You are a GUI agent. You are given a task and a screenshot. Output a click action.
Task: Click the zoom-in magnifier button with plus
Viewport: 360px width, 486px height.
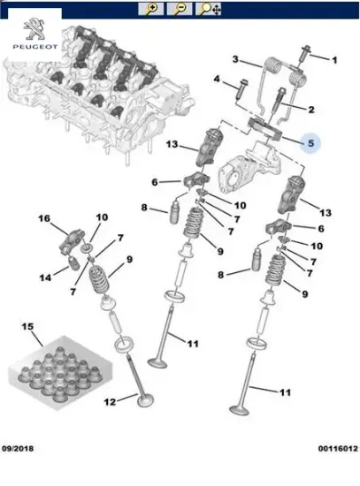[x=151, y=9]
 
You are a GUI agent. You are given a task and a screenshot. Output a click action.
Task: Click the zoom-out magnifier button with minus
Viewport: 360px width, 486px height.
[x=180, y=9]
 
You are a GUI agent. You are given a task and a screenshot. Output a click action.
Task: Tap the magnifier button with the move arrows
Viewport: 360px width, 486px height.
[x=208, y=9]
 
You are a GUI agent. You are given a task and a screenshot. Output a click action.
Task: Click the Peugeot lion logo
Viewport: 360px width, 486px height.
[x=34, y=29]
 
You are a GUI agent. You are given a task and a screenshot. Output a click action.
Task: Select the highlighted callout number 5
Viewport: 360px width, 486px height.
[x=310, y=143]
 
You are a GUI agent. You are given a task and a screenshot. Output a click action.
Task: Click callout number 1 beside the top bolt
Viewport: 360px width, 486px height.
[x=334, y=60]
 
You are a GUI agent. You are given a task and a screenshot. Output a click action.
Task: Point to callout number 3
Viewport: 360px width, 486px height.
[x=235, y=59]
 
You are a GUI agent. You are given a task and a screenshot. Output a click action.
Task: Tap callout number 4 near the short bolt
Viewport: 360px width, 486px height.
[x=217, y=79]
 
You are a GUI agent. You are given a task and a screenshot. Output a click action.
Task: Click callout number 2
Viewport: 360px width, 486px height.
[x=311, y=110]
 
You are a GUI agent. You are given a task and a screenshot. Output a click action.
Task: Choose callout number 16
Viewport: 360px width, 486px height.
[x=44, y=218]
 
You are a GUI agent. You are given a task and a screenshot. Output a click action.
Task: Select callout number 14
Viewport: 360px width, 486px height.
[x=45, y=277]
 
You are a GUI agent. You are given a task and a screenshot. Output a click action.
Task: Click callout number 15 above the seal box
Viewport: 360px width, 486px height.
[x=27, y=326]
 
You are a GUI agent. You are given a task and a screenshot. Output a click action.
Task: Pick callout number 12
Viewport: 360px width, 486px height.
[x=110, y=402]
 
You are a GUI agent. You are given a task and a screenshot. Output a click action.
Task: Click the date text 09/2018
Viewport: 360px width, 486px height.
[x=18, y=449]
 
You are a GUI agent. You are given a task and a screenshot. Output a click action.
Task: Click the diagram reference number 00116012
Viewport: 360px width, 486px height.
[x=338, y=449]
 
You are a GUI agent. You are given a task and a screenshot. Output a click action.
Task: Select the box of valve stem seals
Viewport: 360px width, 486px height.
[x=59, y=373]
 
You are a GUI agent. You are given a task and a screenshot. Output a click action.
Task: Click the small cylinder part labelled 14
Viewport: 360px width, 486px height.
[x=74, y=264]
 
